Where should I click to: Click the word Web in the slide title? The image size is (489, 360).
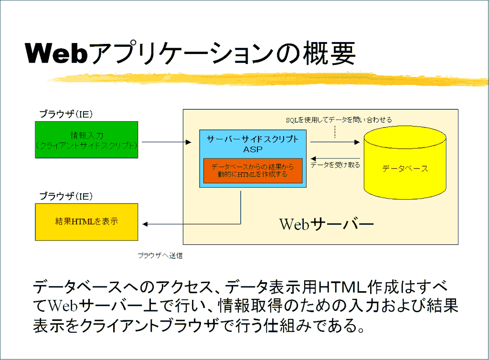click(x=56, y=53)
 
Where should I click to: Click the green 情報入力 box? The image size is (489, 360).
click(x=86, y=139)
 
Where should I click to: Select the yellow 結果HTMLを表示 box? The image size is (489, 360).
click(x=86, y=222)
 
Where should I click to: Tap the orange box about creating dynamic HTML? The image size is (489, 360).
click(x=253, y=170)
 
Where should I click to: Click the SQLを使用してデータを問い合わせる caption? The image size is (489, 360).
click(x=339, y=120)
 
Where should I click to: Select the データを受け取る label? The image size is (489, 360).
click(x=335, y=165)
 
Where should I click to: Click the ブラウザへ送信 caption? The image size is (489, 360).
click(x=160, y=255)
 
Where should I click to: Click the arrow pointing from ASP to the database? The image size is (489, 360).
click(x=334, y=142)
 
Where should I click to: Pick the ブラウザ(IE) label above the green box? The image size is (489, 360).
click(x=65, y=114)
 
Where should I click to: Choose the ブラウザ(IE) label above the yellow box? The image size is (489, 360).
click(x=65, y=196)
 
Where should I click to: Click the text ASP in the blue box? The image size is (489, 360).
click(x=253, y=149)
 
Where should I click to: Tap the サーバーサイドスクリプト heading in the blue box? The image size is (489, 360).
click(x=253, y=139)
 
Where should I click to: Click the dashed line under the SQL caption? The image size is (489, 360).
click(x=335, y=132)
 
